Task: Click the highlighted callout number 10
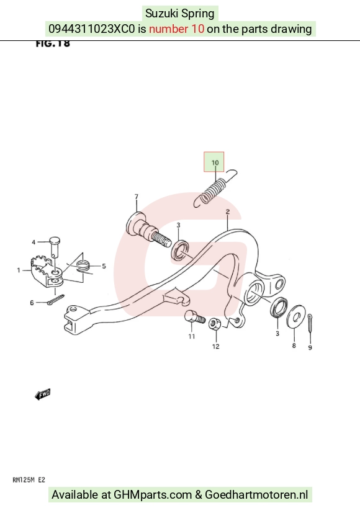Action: click(x=215, y=163)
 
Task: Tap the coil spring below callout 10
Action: click(x=215, y=188)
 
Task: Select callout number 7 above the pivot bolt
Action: click(x=136, y=197)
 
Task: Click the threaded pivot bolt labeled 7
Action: click(x=148, y=229)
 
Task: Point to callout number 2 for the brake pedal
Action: click(x=227, y=212)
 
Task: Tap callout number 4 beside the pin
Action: click(x=34, y=242)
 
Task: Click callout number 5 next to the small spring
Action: click(x=104, y=266)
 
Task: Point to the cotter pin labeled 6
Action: click(x=55, y=300)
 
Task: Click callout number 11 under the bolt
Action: click(x=192, y=337)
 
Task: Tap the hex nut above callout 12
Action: click(x=215, y=324)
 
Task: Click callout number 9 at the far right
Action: click(x=310, y=347)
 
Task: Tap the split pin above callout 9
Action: click(x=310, y=323)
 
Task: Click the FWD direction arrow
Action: click(x=43, y=394)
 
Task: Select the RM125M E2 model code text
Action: click(x=29, y=480)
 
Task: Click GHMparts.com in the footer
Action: click(x=153, y=495)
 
